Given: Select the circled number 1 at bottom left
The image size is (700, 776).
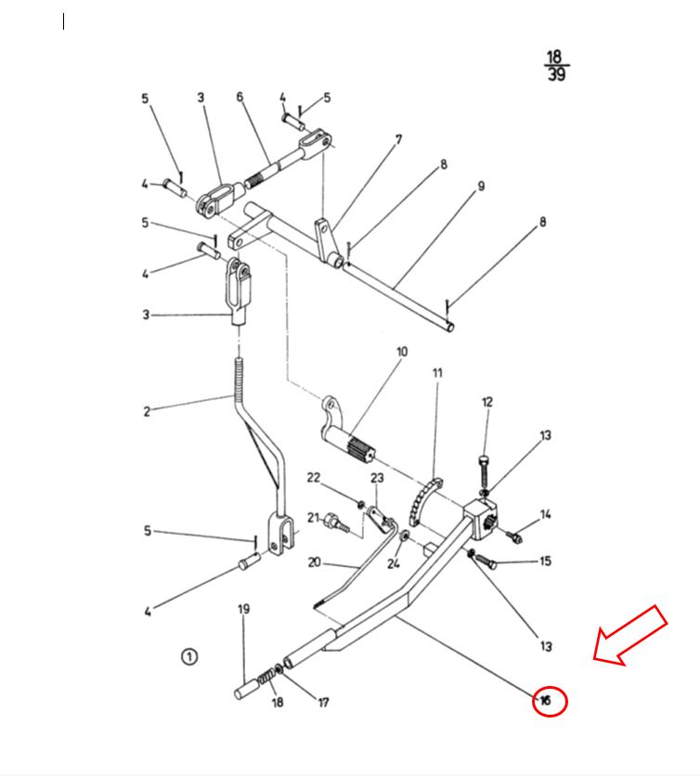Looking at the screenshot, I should coord(189,657).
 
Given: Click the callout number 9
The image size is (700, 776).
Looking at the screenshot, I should coord(481,187).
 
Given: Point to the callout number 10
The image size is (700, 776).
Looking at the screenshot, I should coord(402,353).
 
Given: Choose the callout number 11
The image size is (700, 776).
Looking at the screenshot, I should coord(436,373).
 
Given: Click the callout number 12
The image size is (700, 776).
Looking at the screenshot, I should coord(487,402).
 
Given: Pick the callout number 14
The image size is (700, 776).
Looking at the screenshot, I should coord(546,514).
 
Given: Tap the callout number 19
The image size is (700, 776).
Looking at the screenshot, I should coord(243,610).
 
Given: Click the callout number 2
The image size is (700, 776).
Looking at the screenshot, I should coord(146,411).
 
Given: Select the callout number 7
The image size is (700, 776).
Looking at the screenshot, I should coord(398,140).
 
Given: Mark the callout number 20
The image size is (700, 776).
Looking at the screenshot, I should coord(314,563).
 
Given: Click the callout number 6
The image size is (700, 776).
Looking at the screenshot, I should coord(240,97).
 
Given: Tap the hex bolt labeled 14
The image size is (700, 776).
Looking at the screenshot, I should coord(513,536).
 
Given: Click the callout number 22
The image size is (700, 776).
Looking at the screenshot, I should coord(314,478).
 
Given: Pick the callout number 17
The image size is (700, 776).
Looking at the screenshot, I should coord(323,703).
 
